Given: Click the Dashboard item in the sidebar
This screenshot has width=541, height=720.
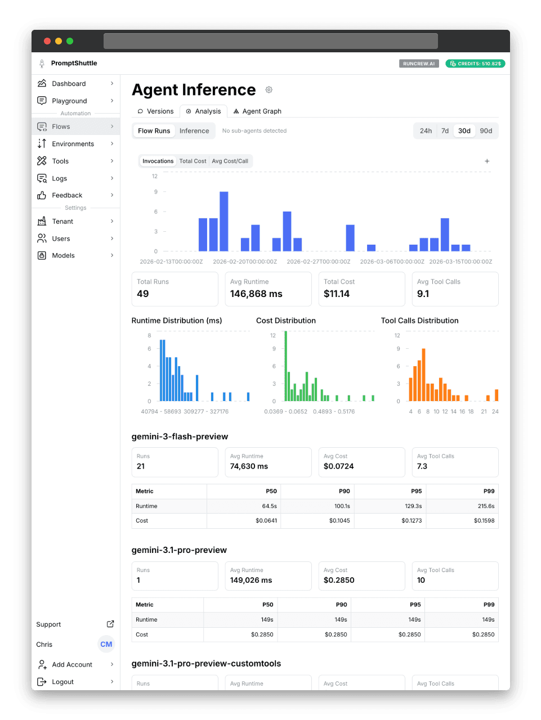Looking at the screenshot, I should [69, 84].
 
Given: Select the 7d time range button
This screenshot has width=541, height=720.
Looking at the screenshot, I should [445, 131].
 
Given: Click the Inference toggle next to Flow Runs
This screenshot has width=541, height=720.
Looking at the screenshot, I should [194, 131].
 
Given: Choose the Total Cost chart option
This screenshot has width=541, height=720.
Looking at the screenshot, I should [193, 161].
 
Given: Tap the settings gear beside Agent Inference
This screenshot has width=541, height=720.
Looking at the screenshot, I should [269, 90].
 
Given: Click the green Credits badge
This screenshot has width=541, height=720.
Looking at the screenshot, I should [475, 64].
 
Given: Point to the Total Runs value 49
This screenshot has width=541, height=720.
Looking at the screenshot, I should [143, 294].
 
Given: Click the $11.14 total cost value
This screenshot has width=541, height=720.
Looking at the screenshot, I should [337, 294].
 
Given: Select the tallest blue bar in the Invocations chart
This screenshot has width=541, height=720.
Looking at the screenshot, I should [224, 221].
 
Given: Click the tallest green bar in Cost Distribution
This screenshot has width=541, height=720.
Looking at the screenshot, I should [286, 366].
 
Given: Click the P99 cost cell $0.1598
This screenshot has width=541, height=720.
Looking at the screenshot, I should [484, 521].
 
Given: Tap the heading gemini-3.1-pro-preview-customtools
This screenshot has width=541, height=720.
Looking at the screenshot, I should [206, 664].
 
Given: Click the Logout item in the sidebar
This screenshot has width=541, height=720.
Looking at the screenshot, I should [62, 682].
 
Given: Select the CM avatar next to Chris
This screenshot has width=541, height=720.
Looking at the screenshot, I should [106, 645].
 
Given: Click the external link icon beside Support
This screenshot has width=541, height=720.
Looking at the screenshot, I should [110, 624].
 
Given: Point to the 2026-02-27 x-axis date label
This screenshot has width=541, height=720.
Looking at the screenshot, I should [319, 262].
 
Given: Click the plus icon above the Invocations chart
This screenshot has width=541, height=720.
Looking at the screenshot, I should [487, 161].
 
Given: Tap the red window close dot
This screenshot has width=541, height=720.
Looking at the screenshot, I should [47, 41].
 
